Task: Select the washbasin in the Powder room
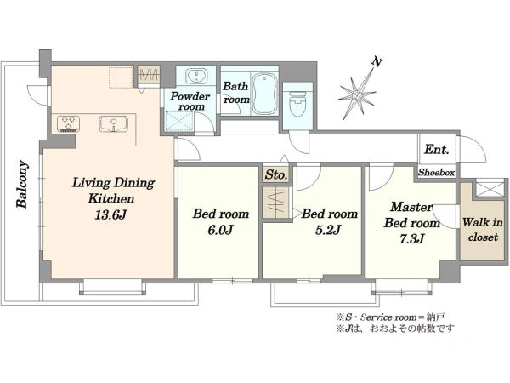196,76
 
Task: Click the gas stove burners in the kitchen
68,123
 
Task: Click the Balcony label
22,184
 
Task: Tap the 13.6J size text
110,215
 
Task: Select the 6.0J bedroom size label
220,231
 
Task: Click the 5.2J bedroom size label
328,231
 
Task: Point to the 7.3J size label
411,239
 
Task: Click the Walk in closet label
483,230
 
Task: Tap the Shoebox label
437,172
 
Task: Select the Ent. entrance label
437,150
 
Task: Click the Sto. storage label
275,175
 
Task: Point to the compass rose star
357,96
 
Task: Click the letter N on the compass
377,62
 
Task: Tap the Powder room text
190,101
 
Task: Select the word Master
411,207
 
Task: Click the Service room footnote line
391,317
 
